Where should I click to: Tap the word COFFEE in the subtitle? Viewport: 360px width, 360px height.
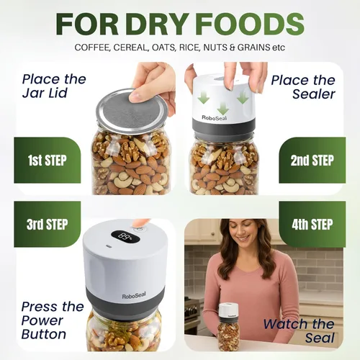click(92, 48)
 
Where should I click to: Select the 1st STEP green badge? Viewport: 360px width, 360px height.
click(48, 160)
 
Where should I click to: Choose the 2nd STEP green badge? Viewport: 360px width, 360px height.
click(312, 160)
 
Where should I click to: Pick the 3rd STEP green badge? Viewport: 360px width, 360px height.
click(48, 224)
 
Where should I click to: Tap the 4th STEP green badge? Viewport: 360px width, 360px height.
click(312, 224)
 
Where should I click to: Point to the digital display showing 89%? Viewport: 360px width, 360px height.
click(125, 237)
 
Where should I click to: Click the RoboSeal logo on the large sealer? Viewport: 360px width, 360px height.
click(134, 295)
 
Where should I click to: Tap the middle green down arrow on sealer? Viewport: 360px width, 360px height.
click(223, 107)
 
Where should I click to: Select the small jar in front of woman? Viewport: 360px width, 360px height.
click(228, 324)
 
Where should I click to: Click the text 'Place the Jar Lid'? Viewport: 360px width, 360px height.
click(54, 86)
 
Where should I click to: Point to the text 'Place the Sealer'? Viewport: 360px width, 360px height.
click(303, 87)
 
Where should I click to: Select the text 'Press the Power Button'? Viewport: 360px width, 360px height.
click(53, 320)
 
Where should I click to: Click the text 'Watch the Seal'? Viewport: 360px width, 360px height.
click(299, 331)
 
